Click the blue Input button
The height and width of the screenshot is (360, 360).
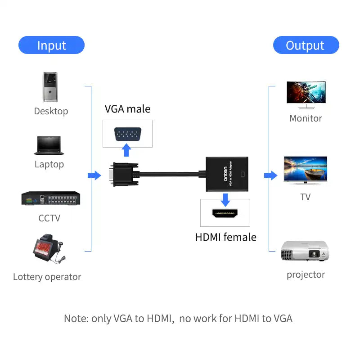click(x=51, y=45)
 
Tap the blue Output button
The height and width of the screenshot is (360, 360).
click(x=306, y=45)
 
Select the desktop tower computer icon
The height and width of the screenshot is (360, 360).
click(x=50, y=87)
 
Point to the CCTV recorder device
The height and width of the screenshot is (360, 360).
click(x=50, y=199)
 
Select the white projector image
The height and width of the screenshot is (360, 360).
click(x=305, y=251)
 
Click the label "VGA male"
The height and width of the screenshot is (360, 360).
click(x=127, y=109)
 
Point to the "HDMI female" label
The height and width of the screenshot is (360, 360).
click(x=225, y=237)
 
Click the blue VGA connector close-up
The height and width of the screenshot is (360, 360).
click(x=127, y=134)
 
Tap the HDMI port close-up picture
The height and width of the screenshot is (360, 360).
click(x=225, y=213)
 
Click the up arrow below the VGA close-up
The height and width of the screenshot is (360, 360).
click(x=127, y=150)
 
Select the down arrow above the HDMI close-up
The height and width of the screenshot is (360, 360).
click(x=225, y=198)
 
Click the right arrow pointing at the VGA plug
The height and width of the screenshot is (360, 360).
click(x=94, y=175)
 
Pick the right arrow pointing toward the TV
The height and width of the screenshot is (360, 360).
click(x=270, y=175)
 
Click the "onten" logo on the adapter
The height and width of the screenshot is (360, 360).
click(x=225, y=174)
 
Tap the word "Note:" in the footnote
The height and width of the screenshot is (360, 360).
click(x=76, y=319)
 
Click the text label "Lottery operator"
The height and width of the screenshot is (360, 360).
click(x=47, y=277)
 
